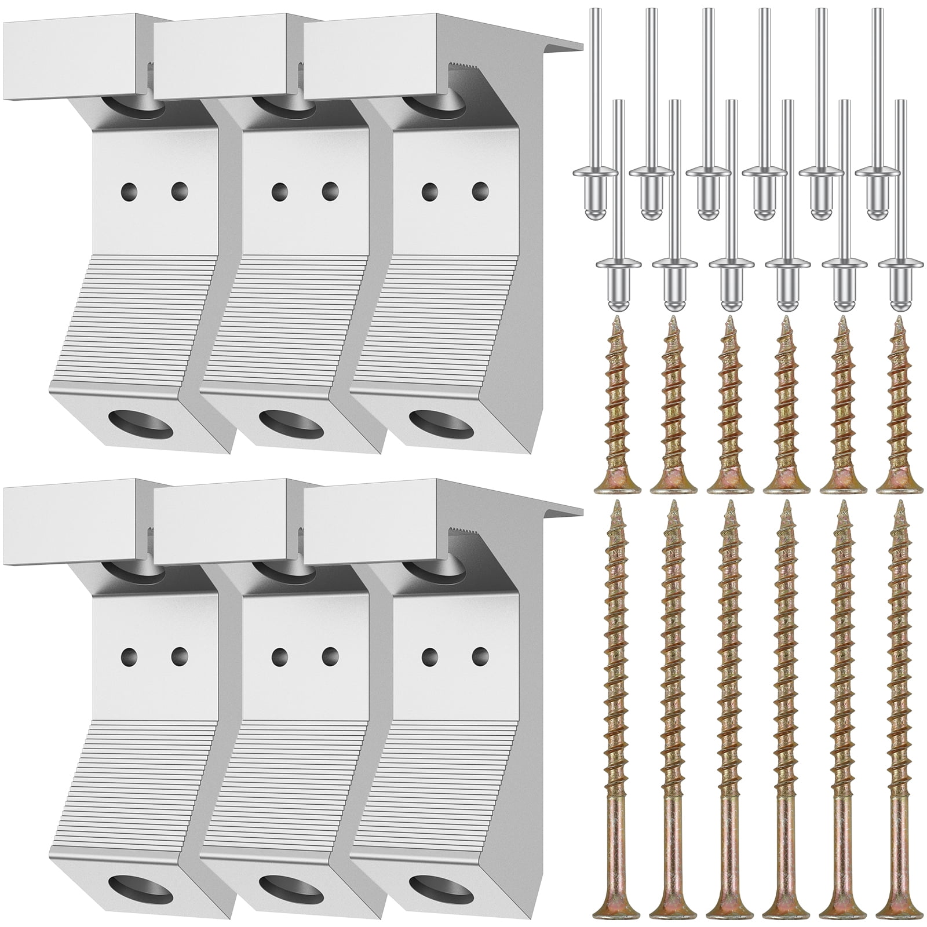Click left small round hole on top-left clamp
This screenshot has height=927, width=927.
129,189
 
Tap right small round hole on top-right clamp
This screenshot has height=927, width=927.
479,189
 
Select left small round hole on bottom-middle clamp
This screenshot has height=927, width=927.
280,656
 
